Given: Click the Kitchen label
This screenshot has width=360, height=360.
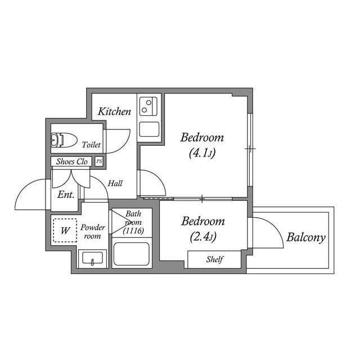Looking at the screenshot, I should pyautogui.click(x=114, y=111).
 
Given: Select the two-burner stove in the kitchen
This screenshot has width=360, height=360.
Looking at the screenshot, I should pyautogui.click(x=150, y=106).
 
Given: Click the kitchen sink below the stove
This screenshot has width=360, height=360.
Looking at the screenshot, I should pyautogui.click(x=150, y=129).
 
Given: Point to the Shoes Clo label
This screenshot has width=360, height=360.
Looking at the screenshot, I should pyautogui.click(x=72, y=162).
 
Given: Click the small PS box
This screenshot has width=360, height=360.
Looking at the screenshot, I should pyautogui.click(x=99, y=161).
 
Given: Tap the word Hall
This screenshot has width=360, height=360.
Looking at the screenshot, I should pyautogui.click(x=115, y=183).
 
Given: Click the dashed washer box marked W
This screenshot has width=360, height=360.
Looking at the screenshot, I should pyautogui.click(x=65, y=230).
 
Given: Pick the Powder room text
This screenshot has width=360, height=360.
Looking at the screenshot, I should pyautogui.click(x=92, y=232).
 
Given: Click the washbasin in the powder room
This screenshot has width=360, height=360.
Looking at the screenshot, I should pyautogui.click(x=92, y=259).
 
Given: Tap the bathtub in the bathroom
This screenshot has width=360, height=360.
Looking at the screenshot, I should pyautogui.click(x=131, y=254).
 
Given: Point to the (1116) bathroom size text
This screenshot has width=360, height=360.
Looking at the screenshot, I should pyautogui.click(x=134, y=231).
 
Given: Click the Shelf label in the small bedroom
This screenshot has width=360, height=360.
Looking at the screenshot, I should pyautogui.click(x=214, y=259).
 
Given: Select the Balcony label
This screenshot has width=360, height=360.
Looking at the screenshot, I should pyautogui.click(x=305, y=237).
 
